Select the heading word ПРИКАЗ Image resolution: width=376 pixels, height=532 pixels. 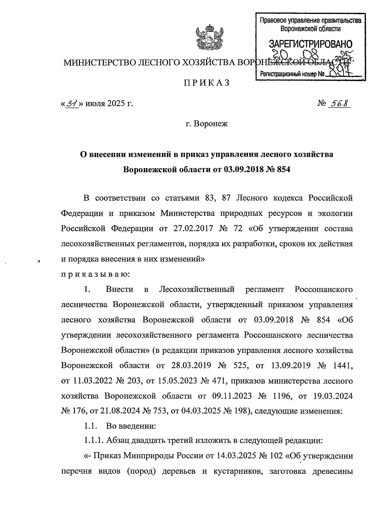206,83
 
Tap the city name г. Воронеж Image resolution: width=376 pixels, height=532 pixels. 206,124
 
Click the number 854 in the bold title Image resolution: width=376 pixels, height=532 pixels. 282,170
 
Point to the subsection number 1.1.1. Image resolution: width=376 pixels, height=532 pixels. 93,441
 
